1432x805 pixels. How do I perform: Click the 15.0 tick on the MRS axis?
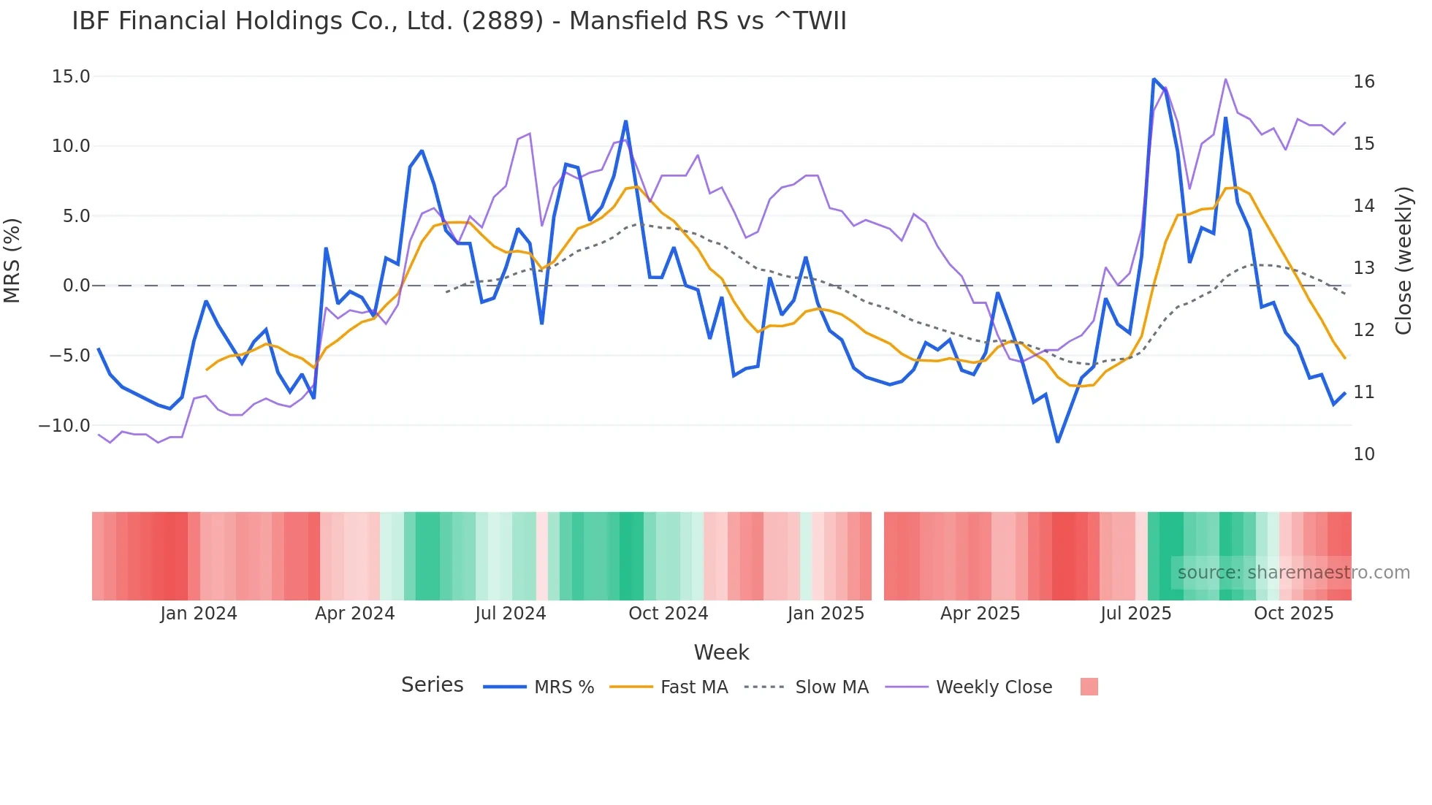click(71, 77)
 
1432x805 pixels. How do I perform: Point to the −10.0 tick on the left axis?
click(64, 425)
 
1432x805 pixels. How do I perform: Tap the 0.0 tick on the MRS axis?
click(76, 286)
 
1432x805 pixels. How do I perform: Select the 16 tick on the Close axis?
click(1363, 82)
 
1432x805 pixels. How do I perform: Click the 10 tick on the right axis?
click(1363, 454)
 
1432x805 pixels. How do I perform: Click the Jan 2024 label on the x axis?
click(199, 614)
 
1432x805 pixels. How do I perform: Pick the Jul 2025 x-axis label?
click(1135, 614)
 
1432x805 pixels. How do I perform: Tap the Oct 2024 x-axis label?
click(668, 614)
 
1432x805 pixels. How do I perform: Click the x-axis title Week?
click(721, 652)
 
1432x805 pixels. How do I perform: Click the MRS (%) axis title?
click(12, 260)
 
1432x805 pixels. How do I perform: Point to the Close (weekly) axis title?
click(1403, 260)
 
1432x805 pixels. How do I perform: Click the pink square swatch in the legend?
click(1089, 687)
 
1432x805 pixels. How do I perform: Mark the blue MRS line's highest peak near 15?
click(1154, 79)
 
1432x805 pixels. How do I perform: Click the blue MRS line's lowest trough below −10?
click(1057, 441)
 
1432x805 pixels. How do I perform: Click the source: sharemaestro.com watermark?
click(1293, 573)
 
